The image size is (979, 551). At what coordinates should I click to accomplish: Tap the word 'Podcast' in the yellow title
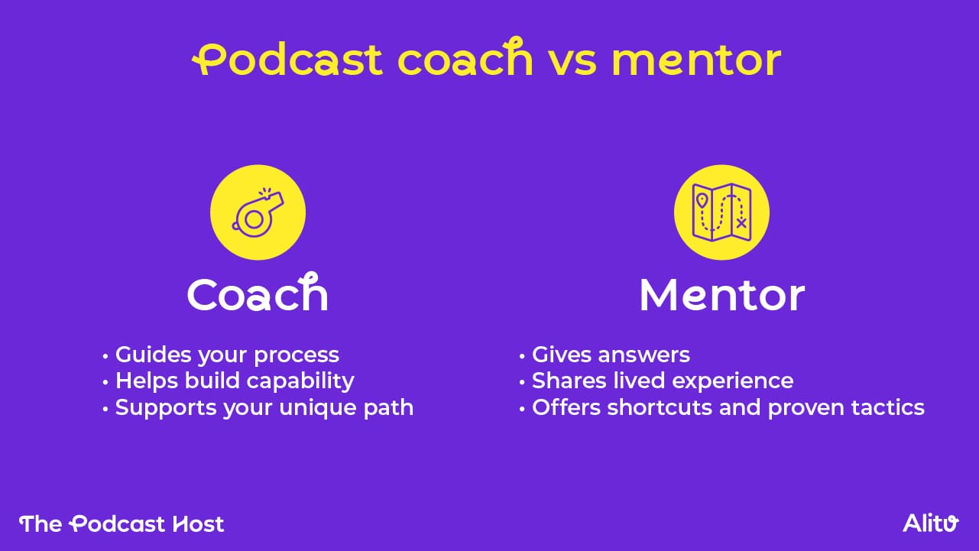[x=287, y=60]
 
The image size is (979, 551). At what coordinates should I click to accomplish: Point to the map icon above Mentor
[x=721, y=212]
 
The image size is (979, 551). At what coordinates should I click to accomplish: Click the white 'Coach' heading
[x=258, y=294]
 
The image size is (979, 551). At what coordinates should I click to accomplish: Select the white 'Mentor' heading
[x=721, y=295]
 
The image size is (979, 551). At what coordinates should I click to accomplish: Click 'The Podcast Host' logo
[x=122, y=523]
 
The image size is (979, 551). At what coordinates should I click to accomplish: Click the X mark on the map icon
[x=741, y=223]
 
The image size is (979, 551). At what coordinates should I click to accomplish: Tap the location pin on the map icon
[x=702, y=201]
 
